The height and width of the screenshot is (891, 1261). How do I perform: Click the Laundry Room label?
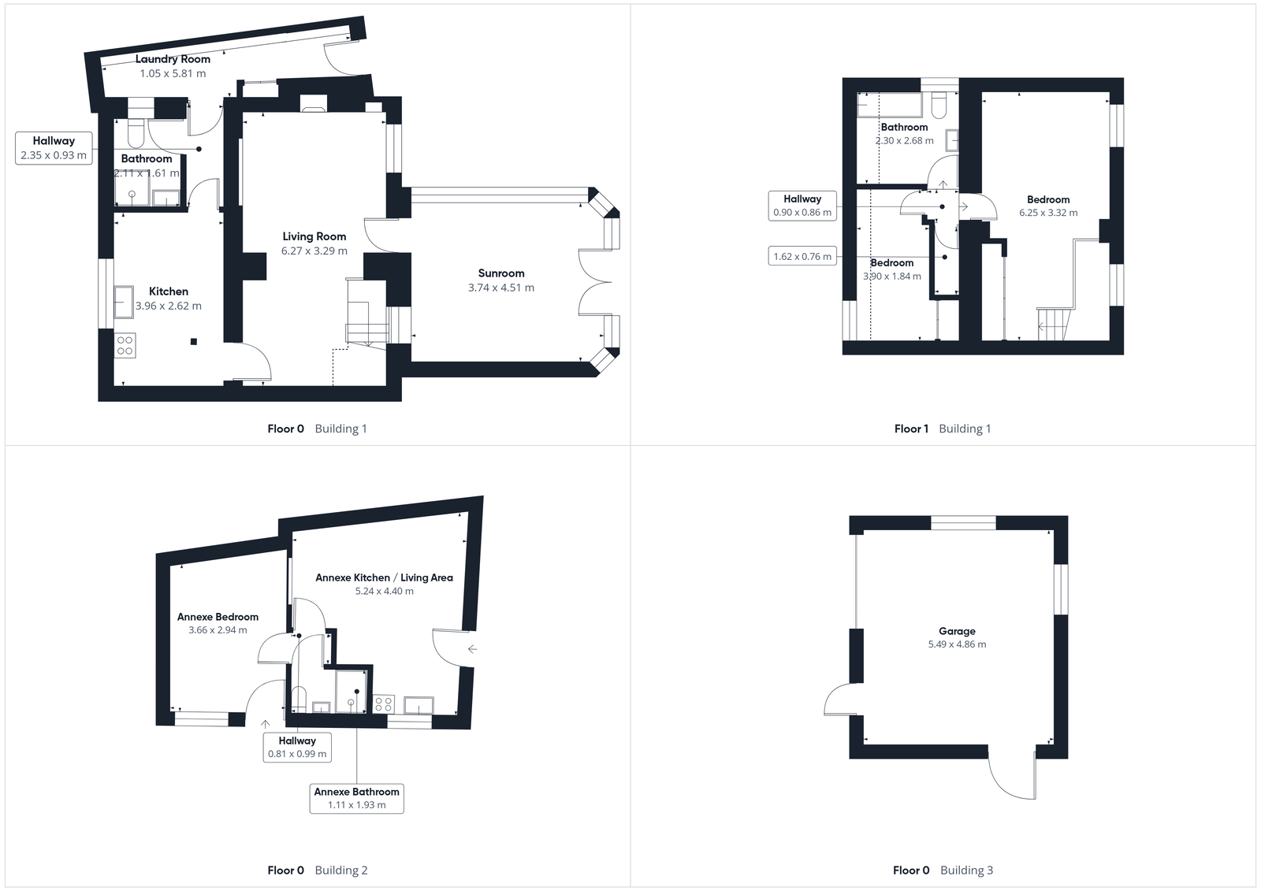pos(173,59)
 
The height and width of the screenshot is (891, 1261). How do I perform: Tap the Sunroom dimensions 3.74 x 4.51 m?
pos(500,288)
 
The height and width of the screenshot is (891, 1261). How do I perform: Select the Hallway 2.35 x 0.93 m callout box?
pos(54,148)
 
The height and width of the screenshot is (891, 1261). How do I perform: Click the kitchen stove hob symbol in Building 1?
pos(125,346)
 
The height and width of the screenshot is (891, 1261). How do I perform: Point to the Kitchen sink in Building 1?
pos(125,301)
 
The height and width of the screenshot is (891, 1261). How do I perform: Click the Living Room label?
pos(314,236)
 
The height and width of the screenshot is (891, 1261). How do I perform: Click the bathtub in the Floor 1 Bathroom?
pos(889,106)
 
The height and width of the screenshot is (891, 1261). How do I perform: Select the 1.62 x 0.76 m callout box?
pos(802,256)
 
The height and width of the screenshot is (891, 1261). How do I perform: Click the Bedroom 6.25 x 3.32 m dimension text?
pos(1048,213)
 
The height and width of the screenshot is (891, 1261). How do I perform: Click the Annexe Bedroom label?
pos(218,617)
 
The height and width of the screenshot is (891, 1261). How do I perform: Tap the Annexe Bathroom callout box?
pos(356,798)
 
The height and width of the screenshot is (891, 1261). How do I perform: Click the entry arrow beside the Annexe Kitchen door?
pos(472,649)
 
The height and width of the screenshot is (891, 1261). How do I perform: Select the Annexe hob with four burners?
pos(384,704)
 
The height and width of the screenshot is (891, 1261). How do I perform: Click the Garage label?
pos(957,631)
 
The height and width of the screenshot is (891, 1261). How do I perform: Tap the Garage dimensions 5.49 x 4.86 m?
pos(957,644)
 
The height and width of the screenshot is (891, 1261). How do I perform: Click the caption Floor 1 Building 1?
pos(943,429)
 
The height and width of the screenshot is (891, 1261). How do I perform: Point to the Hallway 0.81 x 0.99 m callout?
pos(297,747)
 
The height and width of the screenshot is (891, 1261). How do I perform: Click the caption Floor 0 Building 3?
pos(943,871)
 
